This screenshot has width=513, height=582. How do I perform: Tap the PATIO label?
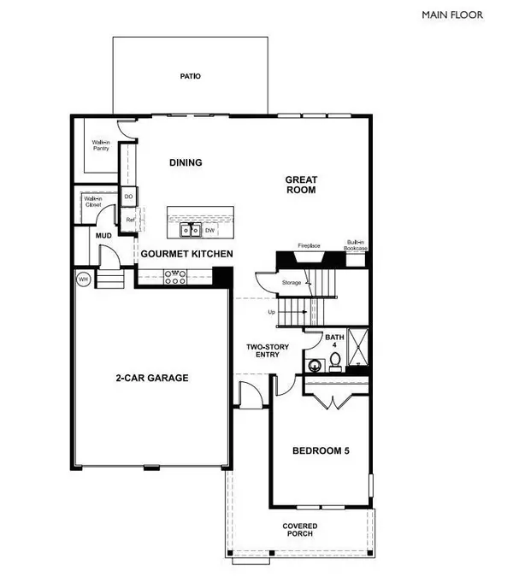coord(189,76)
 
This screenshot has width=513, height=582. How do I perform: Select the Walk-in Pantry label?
coord(102,148)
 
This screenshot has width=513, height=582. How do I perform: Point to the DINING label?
coord(185,163)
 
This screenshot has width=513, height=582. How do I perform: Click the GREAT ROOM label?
coord(302,185)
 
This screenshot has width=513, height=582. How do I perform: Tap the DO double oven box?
coord(129,197)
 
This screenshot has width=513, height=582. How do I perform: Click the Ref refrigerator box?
coord(131,220)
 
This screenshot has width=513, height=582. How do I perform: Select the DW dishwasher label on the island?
coord(209,230)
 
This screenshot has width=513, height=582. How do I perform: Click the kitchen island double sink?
coord(188,230)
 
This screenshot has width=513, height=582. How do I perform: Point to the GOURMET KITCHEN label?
coord(186,254)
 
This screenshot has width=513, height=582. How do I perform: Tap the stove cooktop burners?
coord(174,275)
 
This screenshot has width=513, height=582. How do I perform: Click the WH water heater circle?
coord(84,279)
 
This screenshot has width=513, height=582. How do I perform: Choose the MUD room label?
coord(103,235)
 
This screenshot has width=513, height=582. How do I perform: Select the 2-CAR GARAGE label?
coord(152,378)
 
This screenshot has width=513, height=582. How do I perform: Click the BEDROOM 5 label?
coord(318,450)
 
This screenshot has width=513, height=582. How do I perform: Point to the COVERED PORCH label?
coord(300,530)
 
